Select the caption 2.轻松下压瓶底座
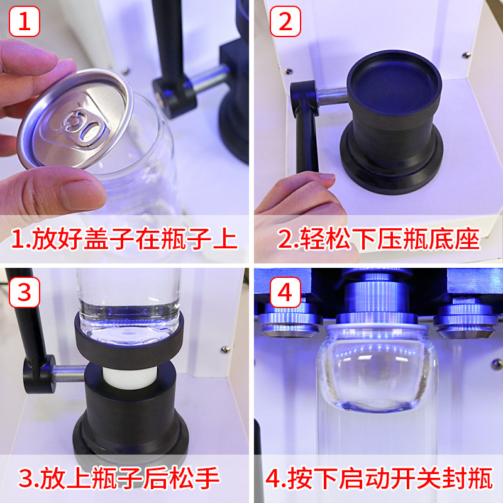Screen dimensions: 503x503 coord(379,240)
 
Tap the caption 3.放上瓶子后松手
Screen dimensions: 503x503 coord(119,479)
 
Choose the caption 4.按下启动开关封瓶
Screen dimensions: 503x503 coord(379,479)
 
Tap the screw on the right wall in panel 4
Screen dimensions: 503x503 coord(495,363)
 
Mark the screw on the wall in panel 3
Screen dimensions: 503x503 coord(224,349)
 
